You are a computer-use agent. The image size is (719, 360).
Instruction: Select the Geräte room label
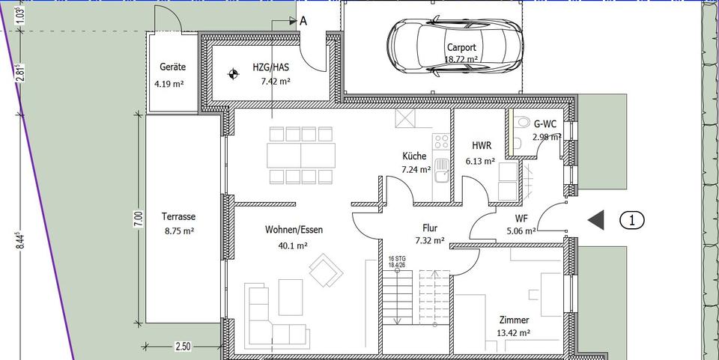pos(169,67)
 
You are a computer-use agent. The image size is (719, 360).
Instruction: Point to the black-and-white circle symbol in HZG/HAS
pos(234,73)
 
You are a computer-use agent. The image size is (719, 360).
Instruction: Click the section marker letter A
pos(303,21)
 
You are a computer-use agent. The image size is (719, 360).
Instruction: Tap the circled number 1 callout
pos(632,220)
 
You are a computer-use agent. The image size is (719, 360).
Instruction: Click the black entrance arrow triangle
pos(596,220)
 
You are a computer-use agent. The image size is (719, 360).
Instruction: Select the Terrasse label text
pos(178,217)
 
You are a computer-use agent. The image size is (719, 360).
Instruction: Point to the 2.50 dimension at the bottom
pos(183,347)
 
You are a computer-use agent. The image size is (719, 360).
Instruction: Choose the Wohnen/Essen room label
pos(294,230)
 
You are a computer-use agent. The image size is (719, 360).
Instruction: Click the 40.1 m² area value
pos(292,245)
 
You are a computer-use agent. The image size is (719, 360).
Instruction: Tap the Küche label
pos(414,156)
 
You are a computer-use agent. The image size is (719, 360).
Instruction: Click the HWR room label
pos(481,146)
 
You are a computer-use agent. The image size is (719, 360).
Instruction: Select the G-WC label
pos(544,123)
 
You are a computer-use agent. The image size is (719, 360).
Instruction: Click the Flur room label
pos(430,228)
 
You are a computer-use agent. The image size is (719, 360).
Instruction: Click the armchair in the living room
pos(325,269)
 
